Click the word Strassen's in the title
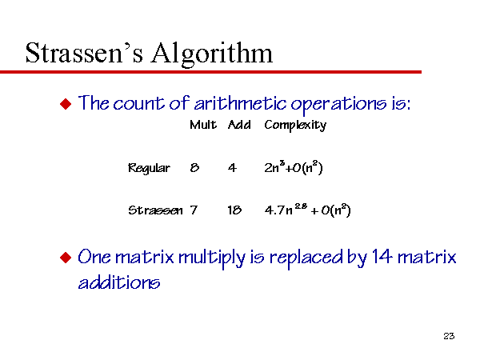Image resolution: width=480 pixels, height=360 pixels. tap(84, 53)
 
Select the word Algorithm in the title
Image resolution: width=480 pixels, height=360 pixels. tap(212, 54)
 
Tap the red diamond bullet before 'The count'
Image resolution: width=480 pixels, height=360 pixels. tap(66, 104)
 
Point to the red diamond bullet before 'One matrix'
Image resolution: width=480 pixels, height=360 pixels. tap(66, 258)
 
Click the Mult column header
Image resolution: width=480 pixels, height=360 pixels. tap(203, 125)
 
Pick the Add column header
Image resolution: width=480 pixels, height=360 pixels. tap(239, 125)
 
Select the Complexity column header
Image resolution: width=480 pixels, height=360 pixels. tap(295, 126)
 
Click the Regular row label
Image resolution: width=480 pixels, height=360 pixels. tap(149, 168)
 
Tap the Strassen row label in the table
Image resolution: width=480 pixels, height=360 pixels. tap(155, 210)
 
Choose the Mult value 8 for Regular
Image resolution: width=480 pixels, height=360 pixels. tap(194, 167)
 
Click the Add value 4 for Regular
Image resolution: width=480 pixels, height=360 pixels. tap(232, 168)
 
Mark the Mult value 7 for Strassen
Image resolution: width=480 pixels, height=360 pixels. tap(194, 210)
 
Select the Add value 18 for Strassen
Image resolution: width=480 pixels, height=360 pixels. tap(234, 210)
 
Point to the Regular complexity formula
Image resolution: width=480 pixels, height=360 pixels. tap(294, 167)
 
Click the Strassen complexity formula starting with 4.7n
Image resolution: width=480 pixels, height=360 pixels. tap(308, 210)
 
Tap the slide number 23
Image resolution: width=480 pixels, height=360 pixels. tap(449, 336)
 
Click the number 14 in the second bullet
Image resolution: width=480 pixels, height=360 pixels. tap(382, 257)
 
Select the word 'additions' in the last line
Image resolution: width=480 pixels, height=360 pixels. tap(119, 282)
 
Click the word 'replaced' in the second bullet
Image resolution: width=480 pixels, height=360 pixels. tap(306, 258)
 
